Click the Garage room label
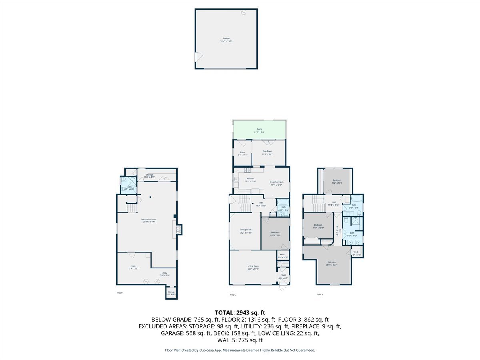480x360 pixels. pos(226,40)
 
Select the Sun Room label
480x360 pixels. pos(267,152)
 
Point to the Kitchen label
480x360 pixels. pos(250,180)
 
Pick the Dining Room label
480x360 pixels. pos(245,231)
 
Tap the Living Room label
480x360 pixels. pos(253,267)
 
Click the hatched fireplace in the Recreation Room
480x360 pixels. pos(180,229)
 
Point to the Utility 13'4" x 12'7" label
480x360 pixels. pos(134,267)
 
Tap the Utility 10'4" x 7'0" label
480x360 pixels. pos(164,274)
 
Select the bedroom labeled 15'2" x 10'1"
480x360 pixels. pos(337,181)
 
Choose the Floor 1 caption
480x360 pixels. pos(120,293)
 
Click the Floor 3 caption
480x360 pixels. pos(320,294)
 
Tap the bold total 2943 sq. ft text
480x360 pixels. pos(240,312)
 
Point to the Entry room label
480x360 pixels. pos(242,154)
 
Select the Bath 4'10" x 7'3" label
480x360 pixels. pos(283,208)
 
